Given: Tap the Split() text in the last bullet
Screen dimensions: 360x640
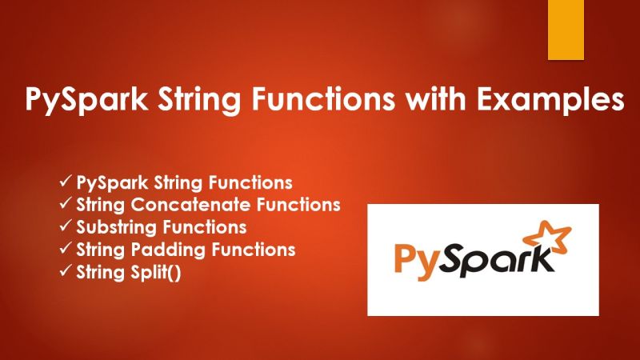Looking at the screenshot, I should pos(161,272).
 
